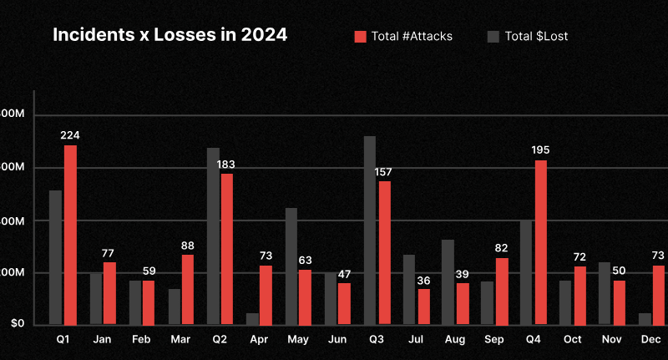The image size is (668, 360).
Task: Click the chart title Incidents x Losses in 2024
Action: (x=170, y=35)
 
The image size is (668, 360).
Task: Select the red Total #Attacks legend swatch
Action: (x=361, y=36)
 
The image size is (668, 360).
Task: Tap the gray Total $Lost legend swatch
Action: (x=493, y=36)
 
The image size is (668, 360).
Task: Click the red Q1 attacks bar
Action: (x=70, y=235)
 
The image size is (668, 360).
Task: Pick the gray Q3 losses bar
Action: (x=370, y=230)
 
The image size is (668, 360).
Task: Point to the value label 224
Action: (x=70, y=135)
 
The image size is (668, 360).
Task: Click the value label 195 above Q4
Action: (x=540, y=150)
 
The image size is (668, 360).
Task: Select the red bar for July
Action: (x=423, y=307)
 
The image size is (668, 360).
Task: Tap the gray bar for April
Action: (x=252, y=318)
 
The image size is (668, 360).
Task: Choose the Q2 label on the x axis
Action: (x=220, y=340)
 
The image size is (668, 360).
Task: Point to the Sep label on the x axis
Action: (x=493, y=340)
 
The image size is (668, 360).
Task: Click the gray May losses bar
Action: (x=291, y=266)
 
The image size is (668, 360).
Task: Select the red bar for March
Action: (x=188, y=289)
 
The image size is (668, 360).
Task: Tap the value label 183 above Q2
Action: (x=225, y=165)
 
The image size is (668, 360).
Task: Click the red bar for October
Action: (x=579, y=295)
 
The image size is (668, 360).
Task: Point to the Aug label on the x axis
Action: (x=455, y=340)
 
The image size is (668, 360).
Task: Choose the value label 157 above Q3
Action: (x=383, y=172)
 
